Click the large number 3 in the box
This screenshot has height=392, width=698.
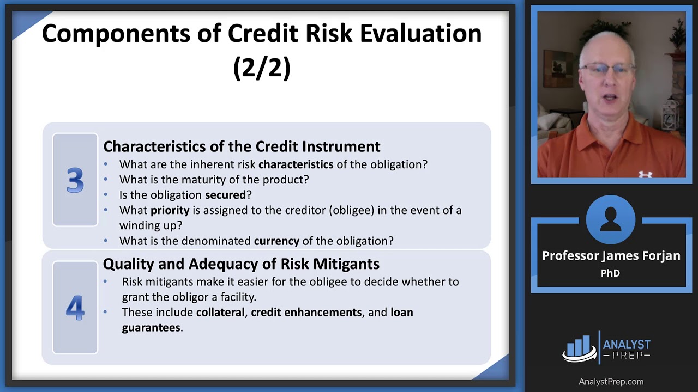[x=75, y=180]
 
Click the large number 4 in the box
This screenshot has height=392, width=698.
[x=75, y=308]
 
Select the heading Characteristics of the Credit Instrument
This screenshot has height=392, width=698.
[x=242, y=146]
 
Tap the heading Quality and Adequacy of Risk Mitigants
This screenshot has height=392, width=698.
[x=241, y=264]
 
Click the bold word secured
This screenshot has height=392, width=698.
[x=225, y=195]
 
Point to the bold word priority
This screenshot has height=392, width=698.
[x=170, y=210]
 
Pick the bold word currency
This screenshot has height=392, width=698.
[x=276, y=241]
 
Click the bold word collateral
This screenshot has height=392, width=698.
[x=220, y=313]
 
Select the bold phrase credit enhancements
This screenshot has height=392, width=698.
[x=306, y=313]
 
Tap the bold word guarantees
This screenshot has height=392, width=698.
[x=151, y=328]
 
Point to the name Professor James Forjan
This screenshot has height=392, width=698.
[x=611, y=256]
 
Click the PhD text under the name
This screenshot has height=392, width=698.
[x=610, y=273]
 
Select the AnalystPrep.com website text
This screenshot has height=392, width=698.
[x=611, y=382]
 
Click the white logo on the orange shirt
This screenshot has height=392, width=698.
[x=645, y=174]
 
